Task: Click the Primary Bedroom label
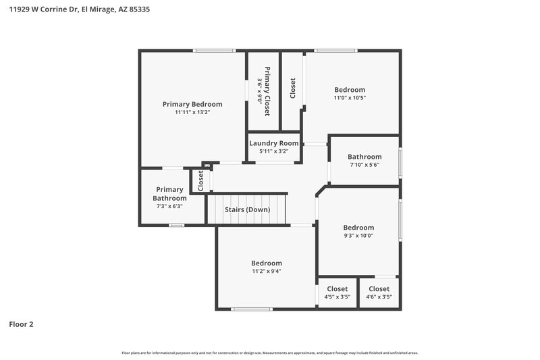click(x=192, y=104)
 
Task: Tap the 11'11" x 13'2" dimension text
click(x=192, y=113)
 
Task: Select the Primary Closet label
click(x=267, y=91)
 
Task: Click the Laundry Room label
click(x=273, y=143)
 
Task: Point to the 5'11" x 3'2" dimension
click(x=273, y=151)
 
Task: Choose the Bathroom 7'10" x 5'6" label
click(x=364, y=157)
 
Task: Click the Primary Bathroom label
click(x=169, y=194)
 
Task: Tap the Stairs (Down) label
click(x=247, y=209)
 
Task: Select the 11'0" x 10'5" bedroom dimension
click(x=350, y=98)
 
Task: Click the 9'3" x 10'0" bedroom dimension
click(x=358, y=236)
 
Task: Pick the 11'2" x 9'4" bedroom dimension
click(x=267, y=271)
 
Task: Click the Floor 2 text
click(x=21, y=324)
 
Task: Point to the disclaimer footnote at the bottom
click(x=270, y=353)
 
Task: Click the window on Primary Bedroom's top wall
click(x=214, y=51)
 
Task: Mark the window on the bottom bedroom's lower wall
click(x=252, y=309)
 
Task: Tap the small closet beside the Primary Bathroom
click(x=200, y=180)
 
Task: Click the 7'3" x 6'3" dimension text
click(x=169, y=206)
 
